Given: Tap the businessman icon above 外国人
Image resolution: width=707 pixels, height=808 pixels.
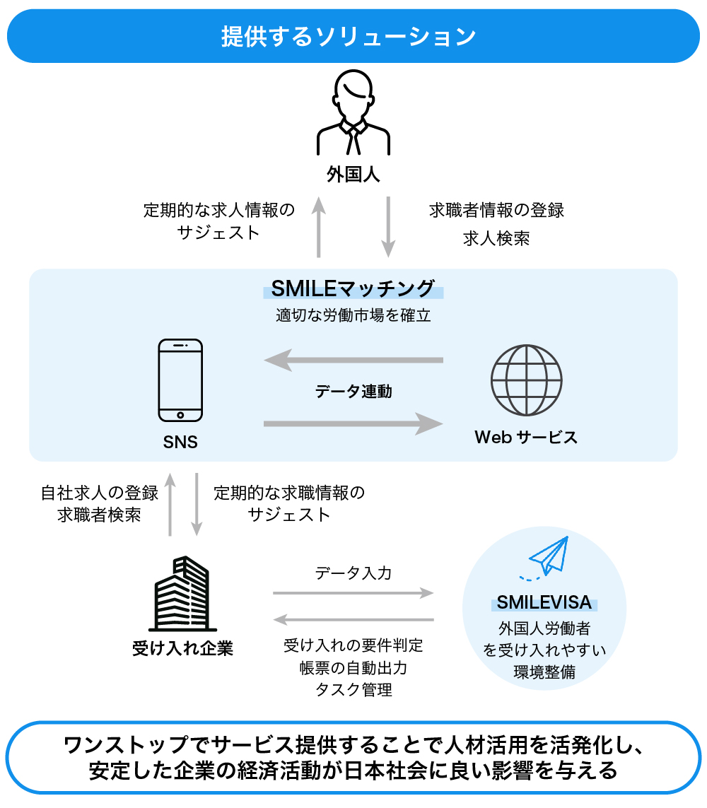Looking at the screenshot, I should click(353, 113).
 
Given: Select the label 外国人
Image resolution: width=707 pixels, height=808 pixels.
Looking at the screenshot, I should click(353, 175).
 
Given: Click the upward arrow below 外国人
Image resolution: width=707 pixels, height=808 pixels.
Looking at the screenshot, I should click(319, 227).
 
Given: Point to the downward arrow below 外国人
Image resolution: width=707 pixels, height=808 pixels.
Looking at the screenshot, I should click(388, 227).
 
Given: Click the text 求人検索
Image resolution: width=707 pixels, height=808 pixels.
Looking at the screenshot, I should click(496, 238).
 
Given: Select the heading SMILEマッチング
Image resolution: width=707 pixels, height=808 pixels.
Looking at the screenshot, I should click(353, 289).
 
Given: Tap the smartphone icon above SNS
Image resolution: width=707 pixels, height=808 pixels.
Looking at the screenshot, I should click(180, 380).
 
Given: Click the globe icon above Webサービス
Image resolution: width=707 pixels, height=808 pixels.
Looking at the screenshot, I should click(526, 380).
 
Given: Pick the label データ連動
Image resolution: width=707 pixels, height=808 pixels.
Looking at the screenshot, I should click(353, 391).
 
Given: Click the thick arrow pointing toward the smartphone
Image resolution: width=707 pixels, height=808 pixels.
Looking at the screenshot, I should click(353, 361).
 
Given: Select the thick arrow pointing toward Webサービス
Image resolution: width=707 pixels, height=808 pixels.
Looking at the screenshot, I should click(353, 423).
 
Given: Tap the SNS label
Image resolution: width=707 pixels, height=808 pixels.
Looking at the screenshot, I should click(180, 443).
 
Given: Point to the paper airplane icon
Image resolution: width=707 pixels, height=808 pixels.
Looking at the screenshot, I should click(548, 558).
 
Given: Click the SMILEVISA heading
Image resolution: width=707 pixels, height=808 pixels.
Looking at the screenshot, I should click(544, 602).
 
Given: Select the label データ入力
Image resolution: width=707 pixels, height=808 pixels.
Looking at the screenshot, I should click(353, 573).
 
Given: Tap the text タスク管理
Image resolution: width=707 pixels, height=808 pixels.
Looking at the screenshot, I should click(353, 689).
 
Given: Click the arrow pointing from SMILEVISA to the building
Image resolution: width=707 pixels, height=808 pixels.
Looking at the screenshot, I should click(353, 620).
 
